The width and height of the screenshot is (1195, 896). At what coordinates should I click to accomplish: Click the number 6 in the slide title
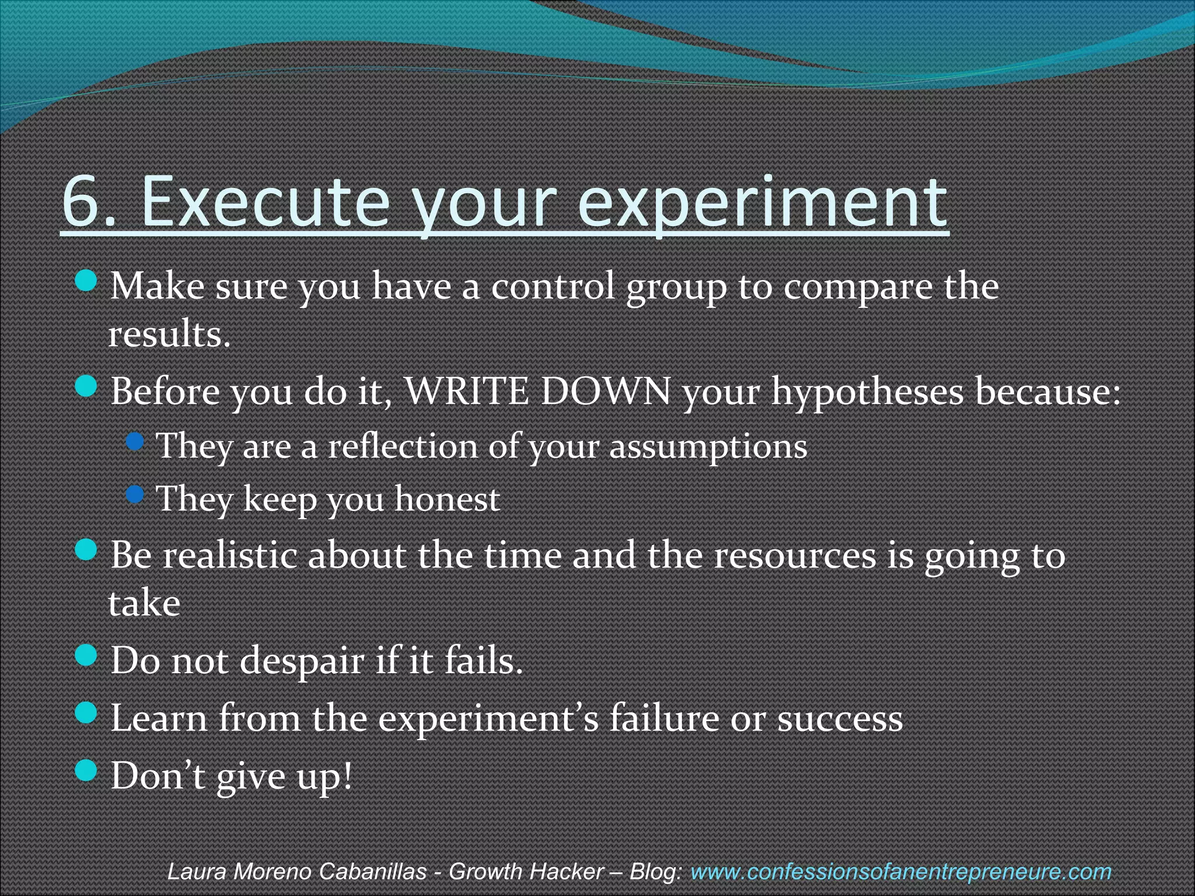[x=80, y=202]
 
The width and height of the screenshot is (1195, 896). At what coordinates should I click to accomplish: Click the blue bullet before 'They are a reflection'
[x=135, y=442]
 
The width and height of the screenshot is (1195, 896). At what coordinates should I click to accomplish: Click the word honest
[x=448, y=499]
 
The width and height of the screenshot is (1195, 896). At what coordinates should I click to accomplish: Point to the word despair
[x=302, y=661]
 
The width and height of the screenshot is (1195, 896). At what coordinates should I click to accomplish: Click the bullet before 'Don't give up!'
[x=86, y=771]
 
